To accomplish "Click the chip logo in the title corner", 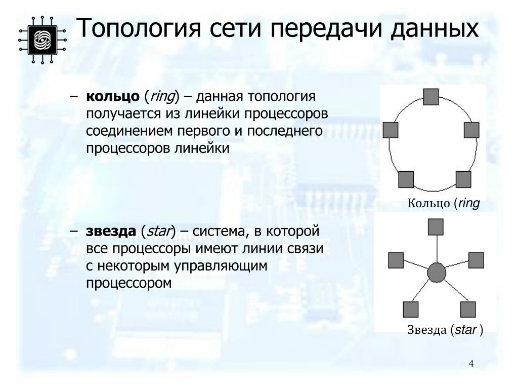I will pyautogui.click(x=42, y=38).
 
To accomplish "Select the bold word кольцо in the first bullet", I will pyautogui.click(x=112, y=96).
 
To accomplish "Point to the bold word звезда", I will pyautogui.click(x=111, y=231).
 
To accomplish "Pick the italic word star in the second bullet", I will pyautogui.click(x=158, y=231).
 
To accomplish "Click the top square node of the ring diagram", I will pyautogui.click(x=430, y=96).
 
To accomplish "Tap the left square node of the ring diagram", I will pyautogui.click(x=391, y=130).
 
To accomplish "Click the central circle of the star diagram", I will pyautogui.click(x=436, y=273).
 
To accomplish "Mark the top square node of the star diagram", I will pyautogui.click(x=435, y=227).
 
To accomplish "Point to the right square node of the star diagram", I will pyautogui.click(x=476, y=260).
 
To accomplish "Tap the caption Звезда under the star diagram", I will pyautogui.click(x=427, y=330).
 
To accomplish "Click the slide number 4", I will pyautogui.click(x=471, y=364).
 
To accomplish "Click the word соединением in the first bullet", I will pyautogui.click(x=129, y=131).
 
